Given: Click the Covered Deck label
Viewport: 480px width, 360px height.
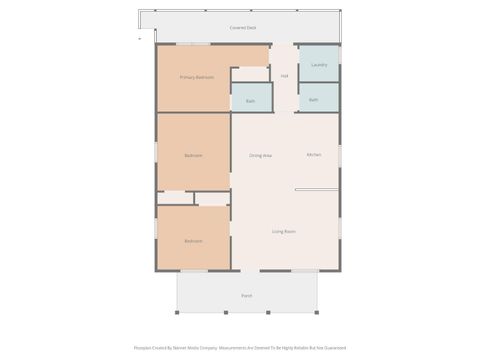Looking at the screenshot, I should [242, 28].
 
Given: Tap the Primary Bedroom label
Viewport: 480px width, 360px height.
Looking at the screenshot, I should [197, 77].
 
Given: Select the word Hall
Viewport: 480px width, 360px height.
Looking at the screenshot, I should [284, 76].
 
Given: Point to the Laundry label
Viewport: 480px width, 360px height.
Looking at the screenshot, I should [319, 65].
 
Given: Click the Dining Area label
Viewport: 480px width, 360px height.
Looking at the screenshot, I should [261, 155].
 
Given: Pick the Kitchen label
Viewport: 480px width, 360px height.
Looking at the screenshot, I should [314, 155].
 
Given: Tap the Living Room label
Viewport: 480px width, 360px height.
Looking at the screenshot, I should [284, 231].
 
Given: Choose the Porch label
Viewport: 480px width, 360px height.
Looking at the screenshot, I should [246, 296].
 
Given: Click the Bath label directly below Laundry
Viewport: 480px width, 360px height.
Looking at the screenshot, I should [314, 100].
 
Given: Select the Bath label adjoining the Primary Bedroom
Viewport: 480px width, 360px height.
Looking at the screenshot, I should [250, 101].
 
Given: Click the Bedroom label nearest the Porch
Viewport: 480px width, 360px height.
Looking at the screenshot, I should [193, 241].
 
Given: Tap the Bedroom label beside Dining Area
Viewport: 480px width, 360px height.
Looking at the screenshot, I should [193, 155].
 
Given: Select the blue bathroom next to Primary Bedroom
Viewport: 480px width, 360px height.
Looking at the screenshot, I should [250, 94].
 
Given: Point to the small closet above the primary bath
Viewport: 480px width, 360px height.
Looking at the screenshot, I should [250, 74].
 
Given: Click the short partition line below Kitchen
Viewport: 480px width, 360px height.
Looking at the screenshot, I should [317, 190].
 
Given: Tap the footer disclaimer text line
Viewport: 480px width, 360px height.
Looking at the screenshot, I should [240, 348].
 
